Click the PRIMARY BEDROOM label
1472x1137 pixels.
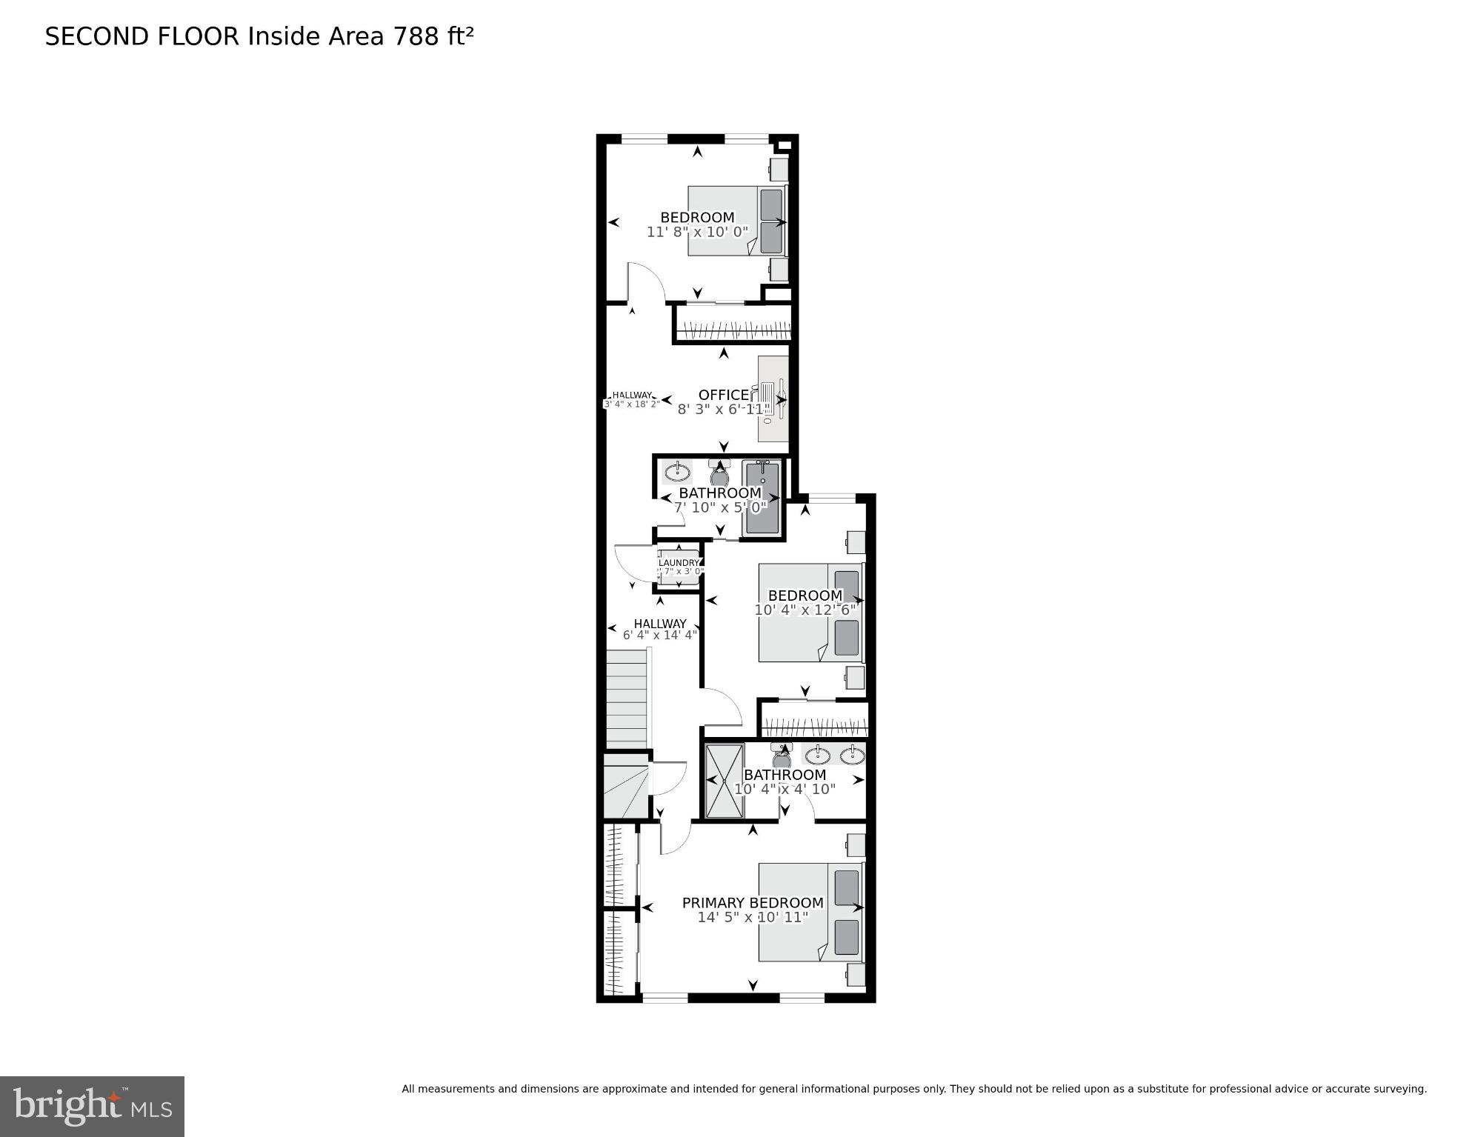(752, 903)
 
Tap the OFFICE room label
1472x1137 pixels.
(723, 395)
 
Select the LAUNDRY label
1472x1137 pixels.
(679, 563)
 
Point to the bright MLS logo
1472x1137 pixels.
(92, 1106)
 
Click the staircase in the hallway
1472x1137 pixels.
(627, 698)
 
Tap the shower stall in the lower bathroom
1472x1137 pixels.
(724, 781)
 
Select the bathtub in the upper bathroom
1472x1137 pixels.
(762, 496)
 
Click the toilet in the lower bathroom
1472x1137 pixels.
(781, 756)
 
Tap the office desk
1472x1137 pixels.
(773, 399)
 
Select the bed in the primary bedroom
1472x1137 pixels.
(810, 912)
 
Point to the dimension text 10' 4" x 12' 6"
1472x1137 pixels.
(805, 610)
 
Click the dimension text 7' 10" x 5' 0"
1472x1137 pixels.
(719, 507)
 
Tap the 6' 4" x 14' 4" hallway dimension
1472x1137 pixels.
(659, 635)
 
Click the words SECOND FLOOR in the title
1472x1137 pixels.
(142, 36)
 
